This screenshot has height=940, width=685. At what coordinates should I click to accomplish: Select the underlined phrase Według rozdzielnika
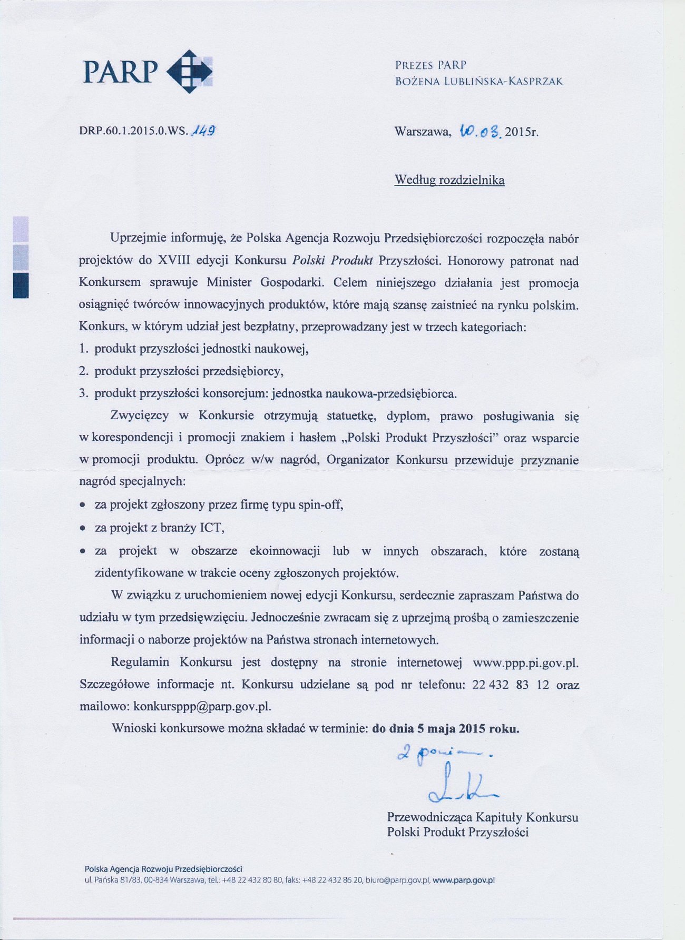coord(449,180)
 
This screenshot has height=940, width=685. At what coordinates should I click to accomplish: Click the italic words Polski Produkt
coord(332,260)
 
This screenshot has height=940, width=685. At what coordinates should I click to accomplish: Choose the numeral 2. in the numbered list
coord(83,371)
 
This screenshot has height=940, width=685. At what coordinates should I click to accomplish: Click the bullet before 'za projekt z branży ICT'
coord(83,528)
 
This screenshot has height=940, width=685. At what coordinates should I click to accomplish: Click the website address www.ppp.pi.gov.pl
coord(525,662)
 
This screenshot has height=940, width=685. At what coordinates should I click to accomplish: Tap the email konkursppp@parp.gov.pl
coord(202,706)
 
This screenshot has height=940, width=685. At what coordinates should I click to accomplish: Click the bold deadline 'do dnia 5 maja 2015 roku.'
coord(446,729)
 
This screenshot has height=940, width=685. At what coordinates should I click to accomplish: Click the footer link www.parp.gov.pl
coord(463,880)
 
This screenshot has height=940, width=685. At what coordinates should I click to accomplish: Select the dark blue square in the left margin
coord(21,285)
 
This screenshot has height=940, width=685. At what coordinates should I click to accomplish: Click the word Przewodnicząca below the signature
coord(429,817)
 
